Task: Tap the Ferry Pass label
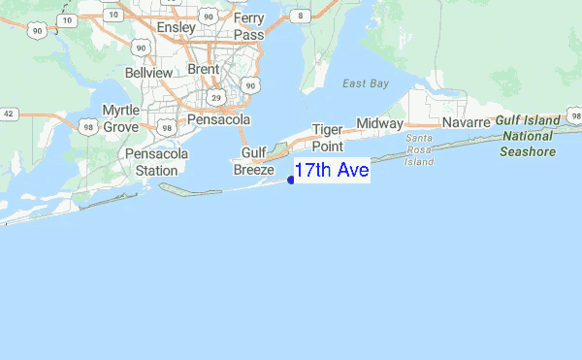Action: [x=248, y=26]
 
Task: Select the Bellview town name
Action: [x=147, y=73]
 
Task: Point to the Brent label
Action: [x=204, y=70]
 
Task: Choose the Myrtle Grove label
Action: [x=121, y=118]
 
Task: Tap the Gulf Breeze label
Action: [x=253, y=161]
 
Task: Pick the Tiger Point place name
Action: [x=328, y=138]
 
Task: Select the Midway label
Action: [x=379, y=123]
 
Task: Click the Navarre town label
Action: [x=468, y=123]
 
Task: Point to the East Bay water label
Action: [x=366, y=83]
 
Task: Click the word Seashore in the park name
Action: [x=528, y=151]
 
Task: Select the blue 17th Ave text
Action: [x=332, y=172]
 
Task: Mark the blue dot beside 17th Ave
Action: [x=291, y=180]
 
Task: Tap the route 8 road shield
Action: [x=302, y=16]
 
